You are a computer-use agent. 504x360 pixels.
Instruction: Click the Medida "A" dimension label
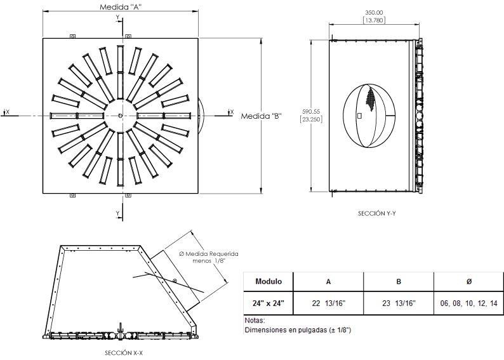tap(121, 7)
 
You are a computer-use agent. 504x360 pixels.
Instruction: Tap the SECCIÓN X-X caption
tap(123, 352)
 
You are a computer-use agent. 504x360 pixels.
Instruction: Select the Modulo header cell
tap(269, 281)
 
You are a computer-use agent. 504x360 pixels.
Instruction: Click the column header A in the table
tap(328, 281)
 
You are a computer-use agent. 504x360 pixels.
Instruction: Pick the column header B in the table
tap(398, 281)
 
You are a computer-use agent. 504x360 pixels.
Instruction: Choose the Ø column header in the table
tap(468, 281)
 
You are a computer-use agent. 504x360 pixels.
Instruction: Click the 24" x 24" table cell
tap(269, 303)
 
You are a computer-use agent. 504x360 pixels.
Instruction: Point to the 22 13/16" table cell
tap(328, 303)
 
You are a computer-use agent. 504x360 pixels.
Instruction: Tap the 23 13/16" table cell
tap(398, 303)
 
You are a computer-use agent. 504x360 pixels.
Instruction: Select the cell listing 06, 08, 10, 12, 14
tap(468, 303)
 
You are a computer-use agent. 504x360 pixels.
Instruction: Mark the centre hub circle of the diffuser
tap(120, 115)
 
